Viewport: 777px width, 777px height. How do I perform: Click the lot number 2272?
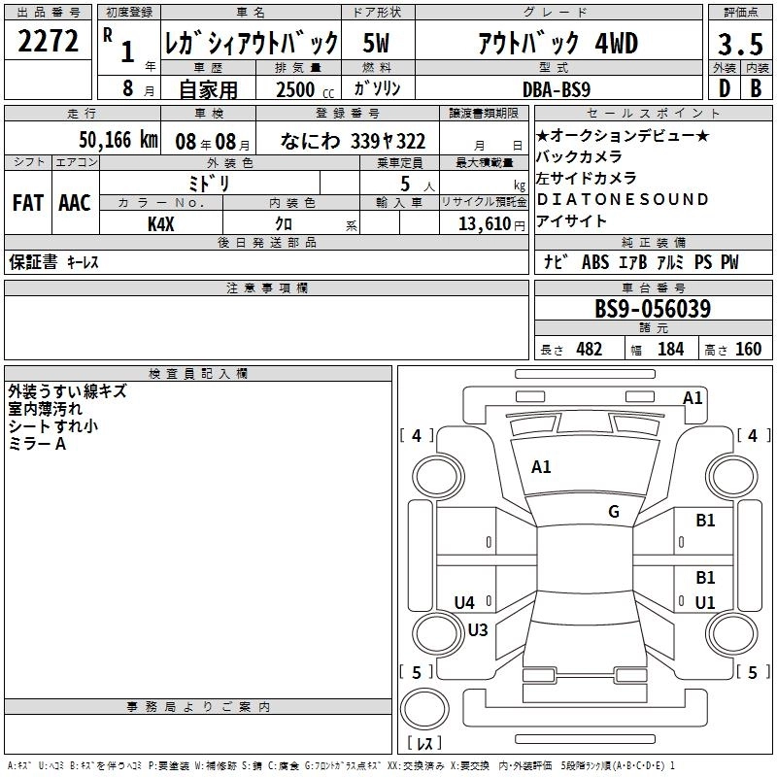click(48, 41)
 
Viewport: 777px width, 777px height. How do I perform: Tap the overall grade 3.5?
click(740, 44)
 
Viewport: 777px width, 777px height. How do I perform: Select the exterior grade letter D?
click(725, 88)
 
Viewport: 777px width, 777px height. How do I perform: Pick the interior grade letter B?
click(756, 88)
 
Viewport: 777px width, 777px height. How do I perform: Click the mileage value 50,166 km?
click(118, 140)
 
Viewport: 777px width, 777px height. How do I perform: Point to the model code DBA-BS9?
click(557, 89)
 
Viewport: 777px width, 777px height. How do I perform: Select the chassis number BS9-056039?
click(653, 309)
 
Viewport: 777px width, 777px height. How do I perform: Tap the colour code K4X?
click(161, 224)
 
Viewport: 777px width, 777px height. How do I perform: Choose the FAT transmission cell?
click(28, 203)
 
